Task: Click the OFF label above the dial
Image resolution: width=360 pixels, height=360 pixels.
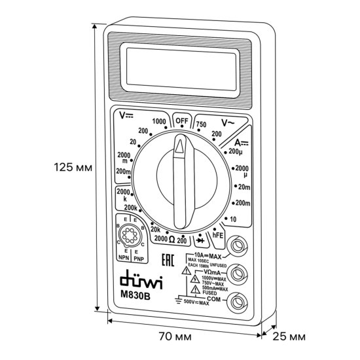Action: click(x=179, y=122)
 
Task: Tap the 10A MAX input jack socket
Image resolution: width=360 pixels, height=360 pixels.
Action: click(x=240, y=247)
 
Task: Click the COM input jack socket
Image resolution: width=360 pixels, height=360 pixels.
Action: click(x=240, y=301)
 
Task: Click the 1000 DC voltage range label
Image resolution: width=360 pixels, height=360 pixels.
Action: click(x=158, y=122)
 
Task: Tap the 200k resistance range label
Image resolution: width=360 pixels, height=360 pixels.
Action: click(x=131, y=207)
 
